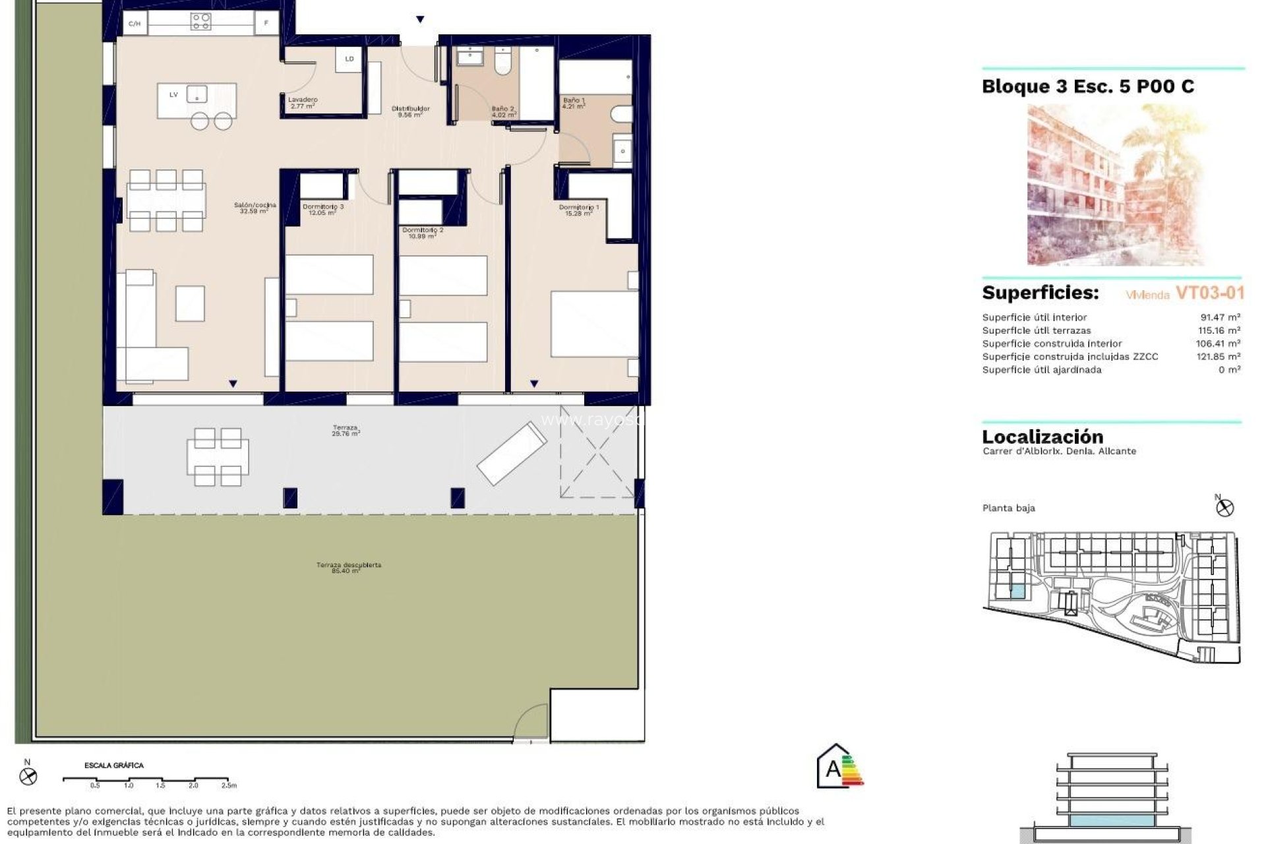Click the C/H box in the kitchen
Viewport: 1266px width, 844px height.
tap(135, 24)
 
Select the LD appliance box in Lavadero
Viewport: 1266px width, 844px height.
tap(349, 59)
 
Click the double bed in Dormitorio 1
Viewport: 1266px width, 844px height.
tap(593, 323)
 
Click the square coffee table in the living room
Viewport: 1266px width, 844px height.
tap(190, 303)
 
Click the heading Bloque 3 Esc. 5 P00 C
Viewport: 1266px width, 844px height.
tap(1087, 86)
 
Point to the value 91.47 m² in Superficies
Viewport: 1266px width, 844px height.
tap(1220, 317)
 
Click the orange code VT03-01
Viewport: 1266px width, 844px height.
tap(1209, 293)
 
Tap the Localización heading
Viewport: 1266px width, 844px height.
tap(1042, 437)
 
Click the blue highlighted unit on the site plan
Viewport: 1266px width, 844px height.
tap(1018, 591)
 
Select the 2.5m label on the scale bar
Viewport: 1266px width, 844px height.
tap(228, 785)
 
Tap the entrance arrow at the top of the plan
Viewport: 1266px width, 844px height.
tap(420, 20)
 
